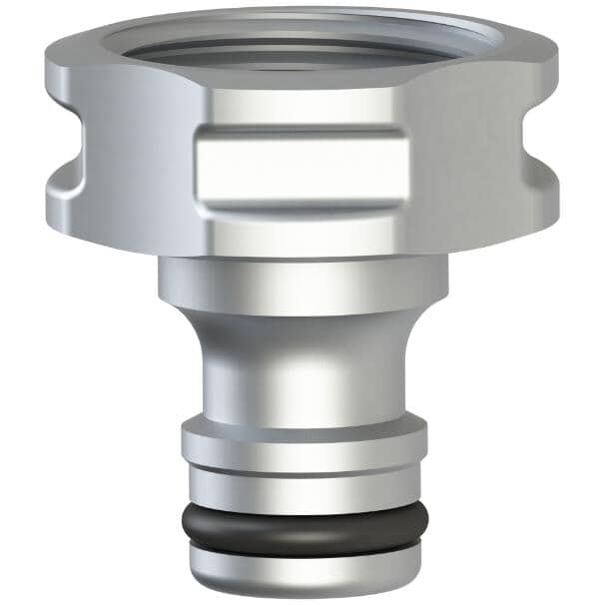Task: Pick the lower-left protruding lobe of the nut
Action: pos(75,205)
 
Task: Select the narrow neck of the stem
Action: pos(303,374)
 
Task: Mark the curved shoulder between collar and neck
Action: pos(303,324)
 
